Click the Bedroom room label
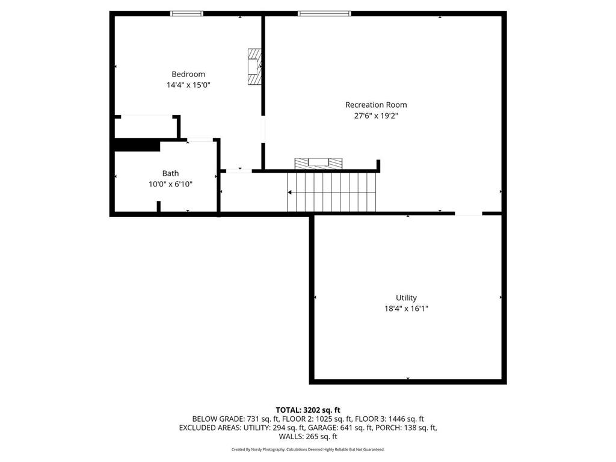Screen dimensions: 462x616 coord(188,74)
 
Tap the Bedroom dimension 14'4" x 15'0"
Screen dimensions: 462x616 coord(188,85)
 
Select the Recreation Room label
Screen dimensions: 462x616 coord(376,105)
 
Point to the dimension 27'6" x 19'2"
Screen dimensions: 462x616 coord(376,116)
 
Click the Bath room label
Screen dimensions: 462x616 coord(170,173)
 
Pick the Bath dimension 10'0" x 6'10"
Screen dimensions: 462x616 coord(170,185)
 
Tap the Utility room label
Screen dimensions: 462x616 coord(406,298)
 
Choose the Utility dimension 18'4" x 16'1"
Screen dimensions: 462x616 coord(406,309)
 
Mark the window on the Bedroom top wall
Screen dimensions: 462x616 coord(187,13)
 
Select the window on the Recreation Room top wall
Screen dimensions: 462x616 coord(324,13)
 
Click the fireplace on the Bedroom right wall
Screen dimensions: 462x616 coord(255,66)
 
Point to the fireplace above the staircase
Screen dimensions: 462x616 coord(318,163)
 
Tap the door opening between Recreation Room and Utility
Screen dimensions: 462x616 coord(469,213)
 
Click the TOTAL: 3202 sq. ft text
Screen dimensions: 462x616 coord(308,410)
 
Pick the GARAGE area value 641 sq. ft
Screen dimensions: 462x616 coord(352,428)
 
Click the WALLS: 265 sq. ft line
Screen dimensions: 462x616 coord(308,437)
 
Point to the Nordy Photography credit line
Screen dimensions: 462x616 coord(308,449)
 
